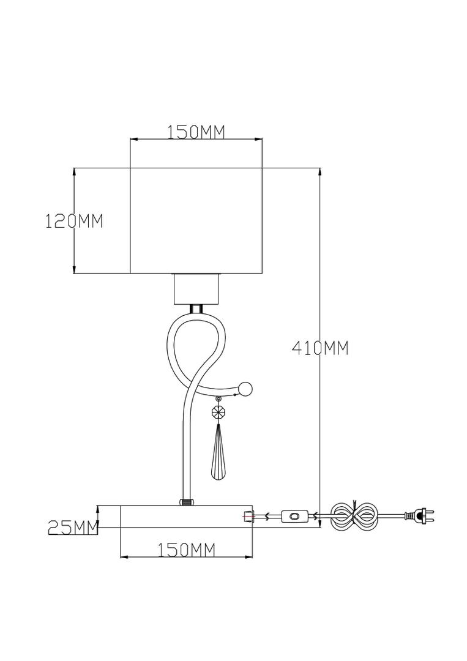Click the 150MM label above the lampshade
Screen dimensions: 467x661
[x=196, y=132]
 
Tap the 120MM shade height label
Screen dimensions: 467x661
[x=74, y=221]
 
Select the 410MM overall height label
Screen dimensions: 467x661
[x=320, y=348]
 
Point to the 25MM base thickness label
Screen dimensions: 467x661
[x=73, y=527]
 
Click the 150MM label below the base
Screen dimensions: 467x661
[x=187, y=550]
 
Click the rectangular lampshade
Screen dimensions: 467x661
[x=196, y=221]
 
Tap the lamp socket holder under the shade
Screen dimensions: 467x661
[x=196, y=289]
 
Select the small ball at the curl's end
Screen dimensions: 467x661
[x=245, y=388]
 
